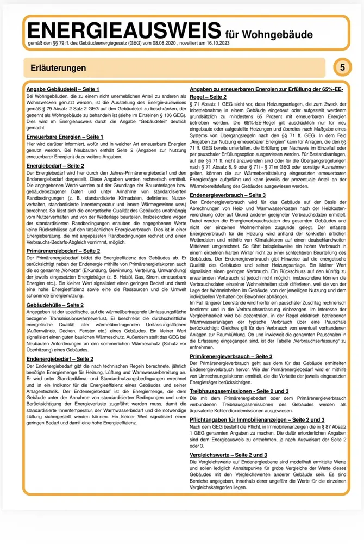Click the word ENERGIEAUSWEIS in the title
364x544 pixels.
pos(122,30)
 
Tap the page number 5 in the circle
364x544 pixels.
pos(342,67)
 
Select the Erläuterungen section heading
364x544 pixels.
pos(55,68)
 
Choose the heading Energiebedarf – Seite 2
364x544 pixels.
pos(55,165)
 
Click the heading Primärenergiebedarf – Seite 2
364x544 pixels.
pos(64,251)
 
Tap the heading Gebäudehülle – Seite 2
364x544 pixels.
pos(55,305)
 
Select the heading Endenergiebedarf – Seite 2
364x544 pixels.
pos(60,359)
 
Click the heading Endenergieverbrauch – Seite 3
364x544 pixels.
pos(228,195)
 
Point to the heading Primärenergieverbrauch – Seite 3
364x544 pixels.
pos(231,356)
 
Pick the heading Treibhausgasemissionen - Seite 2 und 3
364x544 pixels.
pos(239,391)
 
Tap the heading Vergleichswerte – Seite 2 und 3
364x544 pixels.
pos(228,454)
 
